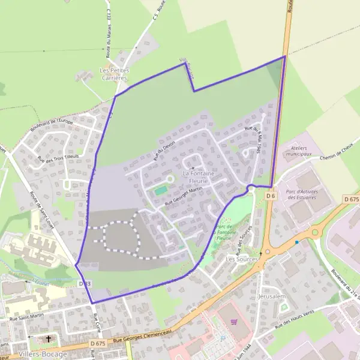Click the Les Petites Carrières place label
pyautogui.click(x=113, y=74)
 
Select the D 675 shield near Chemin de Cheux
pyautogui.click(x=351, y=199)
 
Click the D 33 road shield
pyautogui.click(x=85, y=283)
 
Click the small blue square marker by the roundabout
pyautogui.click(x=296, y=242)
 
